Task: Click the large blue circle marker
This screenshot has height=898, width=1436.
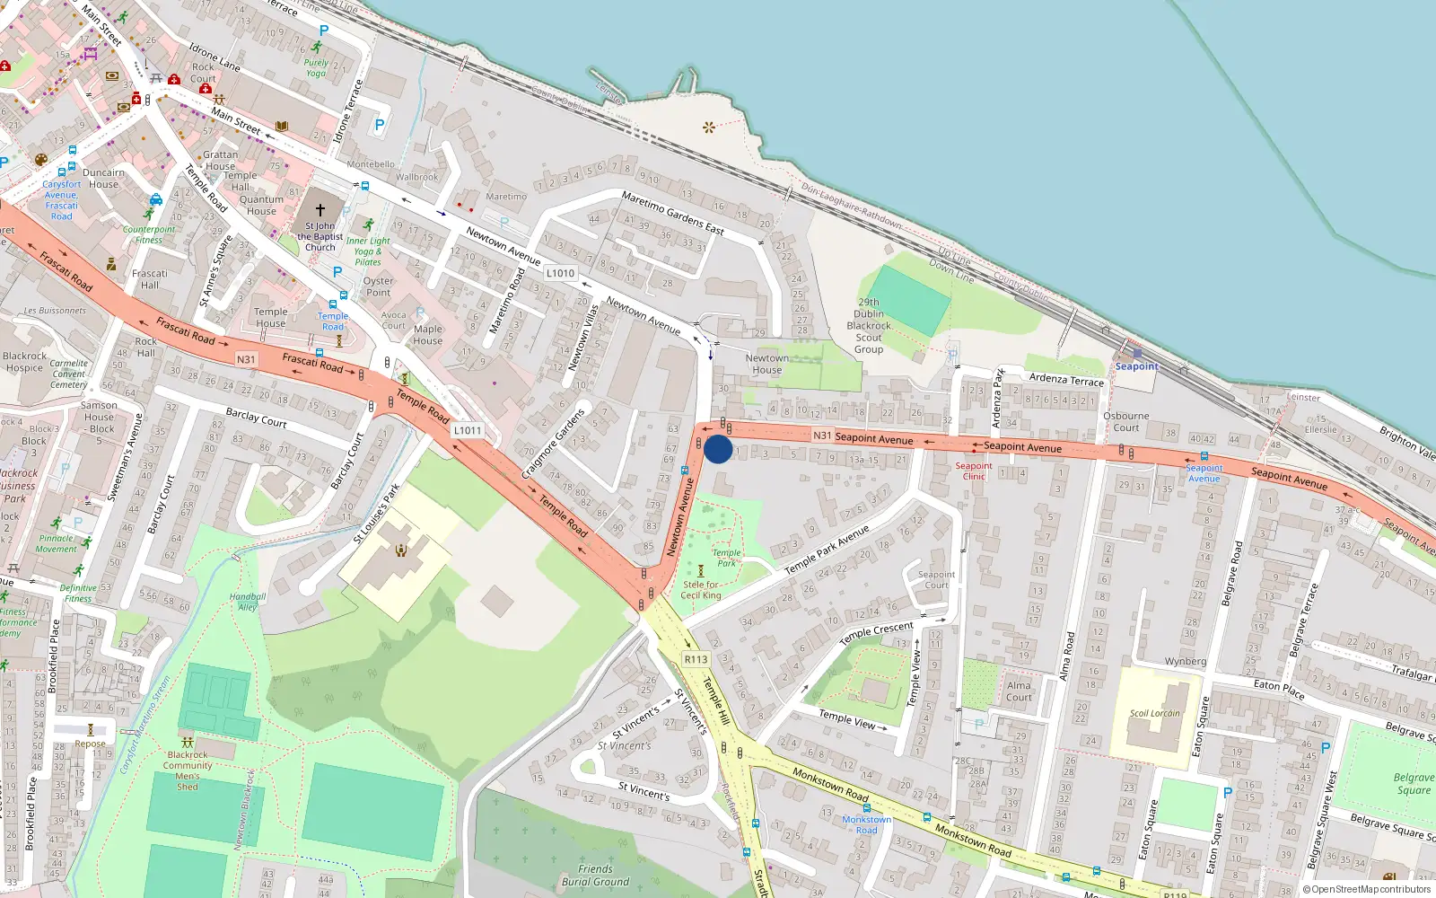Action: click(x=718, y=449)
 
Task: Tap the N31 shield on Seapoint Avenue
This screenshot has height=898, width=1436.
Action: click(x=822, y=436)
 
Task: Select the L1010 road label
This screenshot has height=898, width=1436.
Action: click(x=560, y=273)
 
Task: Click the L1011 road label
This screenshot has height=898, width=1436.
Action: click(x=467, y=430)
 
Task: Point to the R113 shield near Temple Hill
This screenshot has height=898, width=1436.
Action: click(x=696, y=659)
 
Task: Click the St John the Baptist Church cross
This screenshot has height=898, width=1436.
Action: click(x=320, y=209)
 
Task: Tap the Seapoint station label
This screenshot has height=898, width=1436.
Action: click(x=1136, y=366)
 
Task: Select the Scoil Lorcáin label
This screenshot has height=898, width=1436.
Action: click(x=1154, y=713)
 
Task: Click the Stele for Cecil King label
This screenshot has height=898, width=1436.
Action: click(x=701, y=590)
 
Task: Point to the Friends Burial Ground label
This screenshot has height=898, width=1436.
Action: click(x=595, y=876)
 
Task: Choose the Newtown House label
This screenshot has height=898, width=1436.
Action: click(x=766, y=364)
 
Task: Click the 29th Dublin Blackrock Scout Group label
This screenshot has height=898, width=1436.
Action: click(x=868, y=326)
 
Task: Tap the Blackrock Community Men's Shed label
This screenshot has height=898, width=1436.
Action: click(x=188, y=770)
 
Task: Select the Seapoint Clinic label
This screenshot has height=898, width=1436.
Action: click(x=974, y=471)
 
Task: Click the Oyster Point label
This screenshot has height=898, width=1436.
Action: click(x=378, y=286)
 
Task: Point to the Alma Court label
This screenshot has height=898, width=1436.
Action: click(x=1019, y=691)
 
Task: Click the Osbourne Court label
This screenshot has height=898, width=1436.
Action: click(x=1125, y=422)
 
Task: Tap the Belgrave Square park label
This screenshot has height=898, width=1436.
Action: click(x=1414, y=784)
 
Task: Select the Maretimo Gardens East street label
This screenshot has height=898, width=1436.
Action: click(x=672, y=213)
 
